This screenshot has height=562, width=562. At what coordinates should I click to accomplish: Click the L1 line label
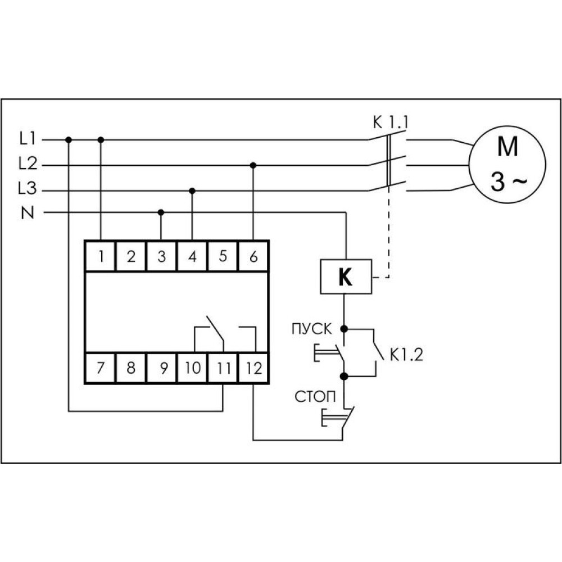coord(28,138)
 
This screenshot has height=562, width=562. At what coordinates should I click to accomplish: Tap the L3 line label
coord(28,188)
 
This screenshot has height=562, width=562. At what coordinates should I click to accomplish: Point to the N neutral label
coord(28,213)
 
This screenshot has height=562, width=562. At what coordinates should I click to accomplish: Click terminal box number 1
coord(101,256)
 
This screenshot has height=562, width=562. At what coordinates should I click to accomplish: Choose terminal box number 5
coord(223,256)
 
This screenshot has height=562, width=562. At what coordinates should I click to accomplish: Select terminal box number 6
coord(253,256)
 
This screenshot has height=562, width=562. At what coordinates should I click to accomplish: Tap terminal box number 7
coord(101,368)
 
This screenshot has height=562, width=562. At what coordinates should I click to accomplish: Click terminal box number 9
coord(162,368)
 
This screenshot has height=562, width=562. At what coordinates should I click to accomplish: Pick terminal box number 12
coord(253,368)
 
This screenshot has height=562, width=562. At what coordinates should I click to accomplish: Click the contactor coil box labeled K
coord(346,277)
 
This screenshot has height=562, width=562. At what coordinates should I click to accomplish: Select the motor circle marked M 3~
coord(507,164)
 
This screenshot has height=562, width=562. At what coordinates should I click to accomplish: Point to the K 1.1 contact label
coord(391,123)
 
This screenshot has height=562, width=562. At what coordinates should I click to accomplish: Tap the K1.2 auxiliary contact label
coord(406,355)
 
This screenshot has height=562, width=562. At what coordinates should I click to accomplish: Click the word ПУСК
coord(312,329)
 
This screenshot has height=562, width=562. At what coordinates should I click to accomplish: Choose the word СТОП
coord(315,397)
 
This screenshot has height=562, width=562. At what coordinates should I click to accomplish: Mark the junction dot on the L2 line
coord(253,165)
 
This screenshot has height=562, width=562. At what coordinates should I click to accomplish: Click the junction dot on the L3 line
coord(192,191)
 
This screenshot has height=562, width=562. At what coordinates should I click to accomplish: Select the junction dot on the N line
coord(161,212)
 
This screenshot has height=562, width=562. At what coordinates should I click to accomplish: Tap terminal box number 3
coord(162,256)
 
